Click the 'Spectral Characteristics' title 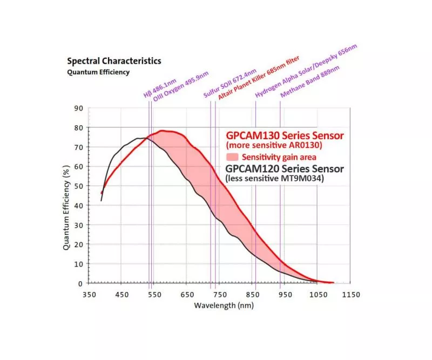(113, 61)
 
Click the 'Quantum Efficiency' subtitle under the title (98, 72)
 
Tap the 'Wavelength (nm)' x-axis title (223, 305)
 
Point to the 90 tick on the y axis (79, 108)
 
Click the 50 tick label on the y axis (79, 186)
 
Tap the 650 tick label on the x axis (187, 294)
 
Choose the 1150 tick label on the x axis (350, 294)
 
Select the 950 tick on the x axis (285, 294)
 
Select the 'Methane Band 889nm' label (309, 81)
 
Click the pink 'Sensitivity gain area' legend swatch (233, 157)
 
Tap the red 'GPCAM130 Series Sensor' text (285, 134)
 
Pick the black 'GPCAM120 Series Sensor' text (284, 168)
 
